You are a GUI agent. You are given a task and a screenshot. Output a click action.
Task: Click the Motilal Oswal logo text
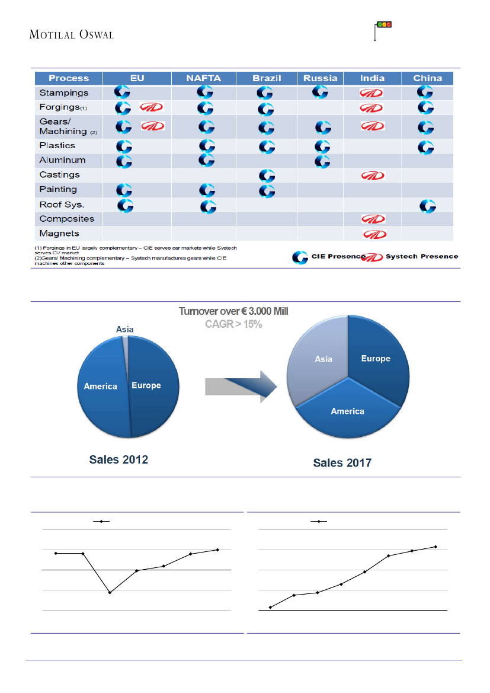[x=71, y=34]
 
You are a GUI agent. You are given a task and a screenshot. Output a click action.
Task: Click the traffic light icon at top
[x=385, y=25]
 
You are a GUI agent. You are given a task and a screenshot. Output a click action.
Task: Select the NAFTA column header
[x=203, y=78]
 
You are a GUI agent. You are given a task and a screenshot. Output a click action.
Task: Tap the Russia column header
[x=321, y=78]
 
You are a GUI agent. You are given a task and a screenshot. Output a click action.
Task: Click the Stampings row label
[x=64, y=93]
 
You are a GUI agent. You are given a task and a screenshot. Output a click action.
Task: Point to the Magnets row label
[x=59, y=234]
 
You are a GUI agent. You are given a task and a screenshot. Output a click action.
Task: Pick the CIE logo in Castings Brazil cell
[x=266, y=175]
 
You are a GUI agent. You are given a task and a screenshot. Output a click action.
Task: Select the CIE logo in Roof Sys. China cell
[x=427, y=206]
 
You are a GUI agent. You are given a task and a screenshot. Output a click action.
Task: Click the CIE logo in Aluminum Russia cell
[x=322, y=161]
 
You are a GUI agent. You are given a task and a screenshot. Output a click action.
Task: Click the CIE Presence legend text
[x=338, y=256]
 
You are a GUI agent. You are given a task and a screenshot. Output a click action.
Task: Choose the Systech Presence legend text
[x=421, y=256]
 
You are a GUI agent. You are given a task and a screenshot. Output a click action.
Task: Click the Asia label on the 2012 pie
[x=124, y=330]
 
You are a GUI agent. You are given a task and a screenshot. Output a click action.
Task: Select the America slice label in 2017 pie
[x=347, y=411]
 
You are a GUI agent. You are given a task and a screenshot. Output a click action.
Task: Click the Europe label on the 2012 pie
[x=146, y=385]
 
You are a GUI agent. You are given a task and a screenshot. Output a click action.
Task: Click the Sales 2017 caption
[x=342, y=463]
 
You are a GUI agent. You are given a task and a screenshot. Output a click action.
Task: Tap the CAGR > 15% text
[x=233, y=324]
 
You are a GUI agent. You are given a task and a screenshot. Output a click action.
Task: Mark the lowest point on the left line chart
[x=110, y=593]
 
